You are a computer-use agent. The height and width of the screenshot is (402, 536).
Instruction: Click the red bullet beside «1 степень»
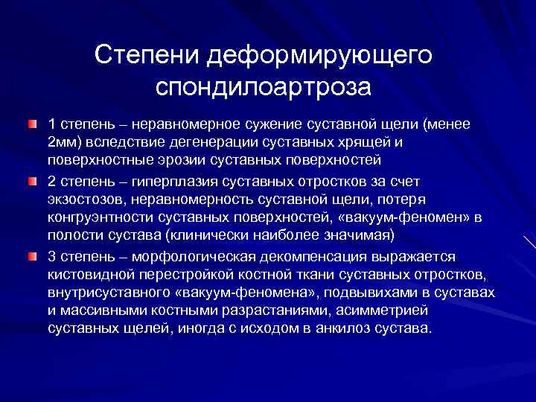(x=32, y=121)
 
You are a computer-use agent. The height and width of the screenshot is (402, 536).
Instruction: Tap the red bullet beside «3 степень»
(x=32, y=257)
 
